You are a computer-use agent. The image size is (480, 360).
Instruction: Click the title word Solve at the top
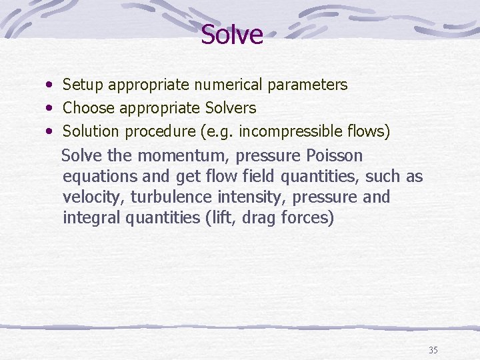coord(232,35)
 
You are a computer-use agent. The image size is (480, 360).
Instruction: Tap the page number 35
coord(433,350)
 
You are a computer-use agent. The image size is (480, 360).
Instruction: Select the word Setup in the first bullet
coord(83,85)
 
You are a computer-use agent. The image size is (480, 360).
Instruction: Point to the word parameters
coord(307,85)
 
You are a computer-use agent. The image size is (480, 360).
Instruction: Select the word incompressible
coord(290,131)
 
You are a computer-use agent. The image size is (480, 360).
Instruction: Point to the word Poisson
coord(335,156)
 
